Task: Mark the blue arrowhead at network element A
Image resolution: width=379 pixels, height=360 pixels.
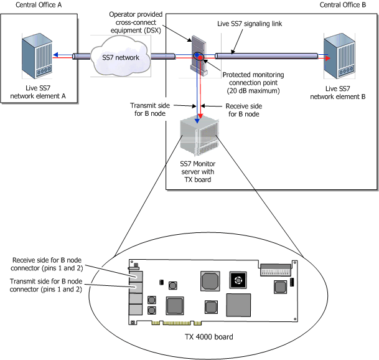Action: coord(54,55)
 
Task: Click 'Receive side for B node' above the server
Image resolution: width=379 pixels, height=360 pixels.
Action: coord(243,110)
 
